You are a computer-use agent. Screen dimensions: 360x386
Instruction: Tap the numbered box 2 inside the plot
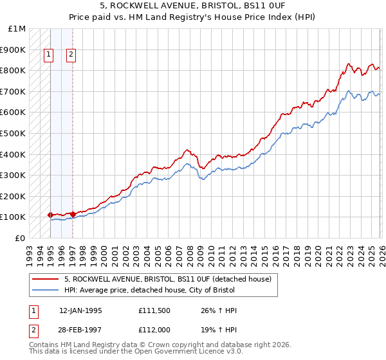click(70, 55)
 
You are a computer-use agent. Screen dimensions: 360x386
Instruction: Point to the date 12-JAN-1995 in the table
click(80, 310)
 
